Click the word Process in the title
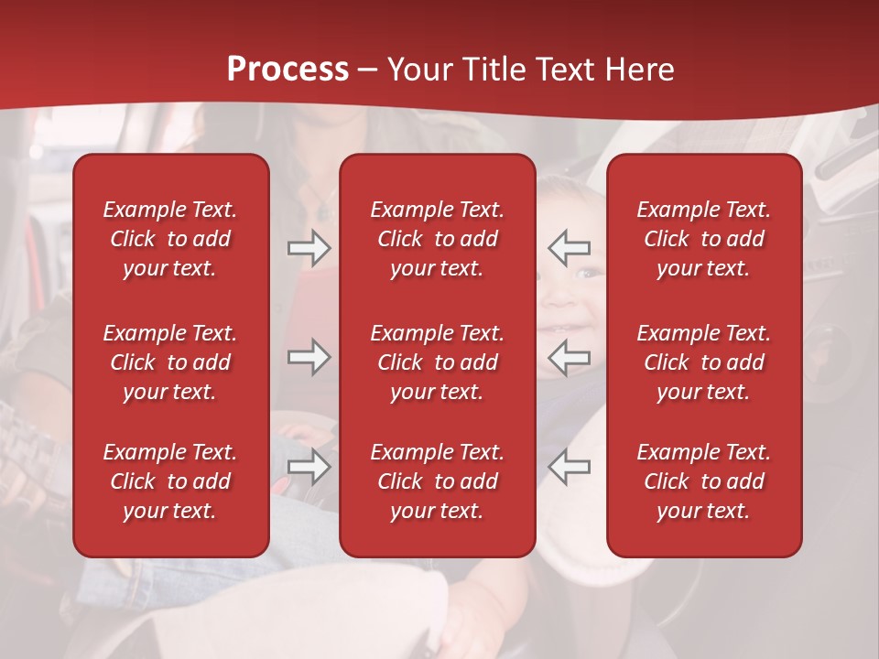tap(288, 70)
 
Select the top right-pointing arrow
tap(309, 248)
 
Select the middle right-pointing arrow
tap(309, 357)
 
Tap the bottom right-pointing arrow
tap(309, 467)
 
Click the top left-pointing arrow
tap(569, 248)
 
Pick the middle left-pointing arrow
tap(569, 357)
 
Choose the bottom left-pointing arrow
tap(569, 467)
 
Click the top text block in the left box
tap(170, 239)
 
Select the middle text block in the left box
tap(170, 362)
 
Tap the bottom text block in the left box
tap(170, 481)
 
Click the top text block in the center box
tap(437, 239)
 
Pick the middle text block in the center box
tap(437, 362)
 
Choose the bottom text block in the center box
tap(437, 481)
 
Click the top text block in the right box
tap(703, 239)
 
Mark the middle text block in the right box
tap(703, 362)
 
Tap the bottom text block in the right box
tap(703, 481)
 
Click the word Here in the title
tap(638, 70)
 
